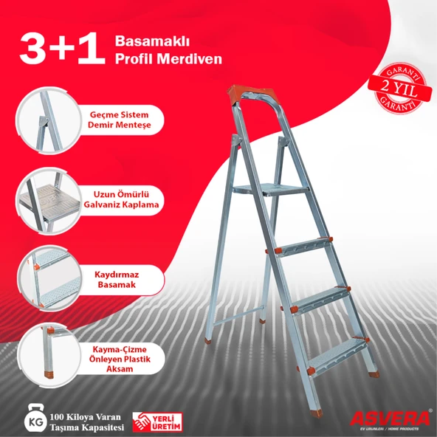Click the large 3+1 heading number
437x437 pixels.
tap(62, 48)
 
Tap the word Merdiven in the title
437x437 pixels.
tap(189, 59)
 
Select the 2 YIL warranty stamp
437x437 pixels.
tap(400, 88)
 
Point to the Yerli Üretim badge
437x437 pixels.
tap(157, 422)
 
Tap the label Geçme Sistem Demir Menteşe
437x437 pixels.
tap(120, 120)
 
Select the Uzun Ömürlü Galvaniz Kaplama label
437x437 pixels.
tap(121, 199)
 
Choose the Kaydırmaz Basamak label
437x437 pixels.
tap(117, 280)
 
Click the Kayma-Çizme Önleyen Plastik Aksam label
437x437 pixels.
tap(120, 359)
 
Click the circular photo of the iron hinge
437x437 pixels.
tap(48, 120)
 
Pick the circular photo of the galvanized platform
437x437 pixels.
tap(48, 200)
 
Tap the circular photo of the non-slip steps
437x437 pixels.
tap(49, 278)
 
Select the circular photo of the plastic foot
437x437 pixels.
tap(49, 356)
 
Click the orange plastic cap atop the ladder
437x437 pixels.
tap(252, 94)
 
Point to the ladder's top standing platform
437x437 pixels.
tap(271, 189)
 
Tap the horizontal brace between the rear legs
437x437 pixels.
tap(239, 315)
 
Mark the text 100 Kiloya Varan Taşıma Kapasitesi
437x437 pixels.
tap(86, 422)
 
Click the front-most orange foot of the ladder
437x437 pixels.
tap(317, 413)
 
